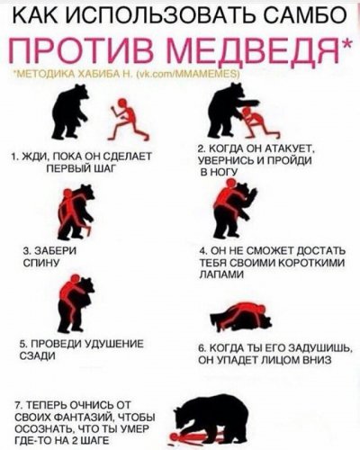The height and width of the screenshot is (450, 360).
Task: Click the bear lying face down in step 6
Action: coord(241,320)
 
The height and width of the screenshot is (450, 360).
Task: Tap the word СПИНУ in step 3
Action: coord(38,264)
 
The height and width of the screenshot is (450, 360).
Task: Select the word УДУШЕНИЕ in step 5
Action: coord(116,346)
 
